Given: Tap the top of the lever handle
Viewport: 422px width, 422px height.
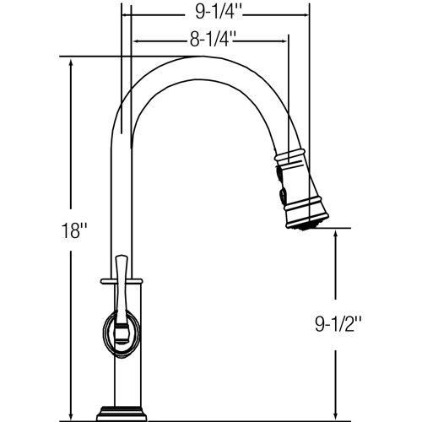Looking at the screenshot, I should tap(123, 257).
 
